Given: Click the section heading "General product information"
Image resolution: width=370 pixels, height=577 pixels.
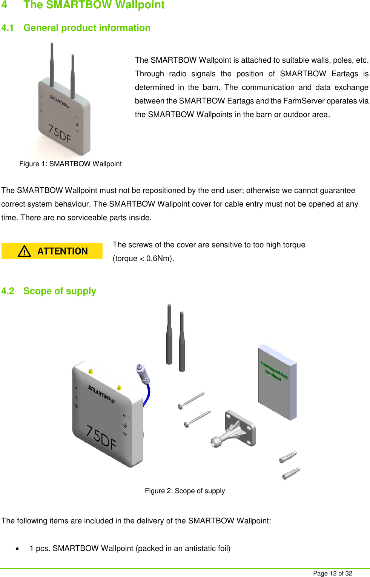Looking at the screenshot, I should tap(87, 28).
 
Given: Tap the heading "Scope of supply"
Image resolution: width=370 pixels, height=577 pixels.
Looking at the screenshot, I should tap(60, 291).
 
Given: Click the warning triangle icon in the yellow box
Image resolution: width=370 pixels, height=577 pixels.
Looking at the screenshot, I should tap(25, 251).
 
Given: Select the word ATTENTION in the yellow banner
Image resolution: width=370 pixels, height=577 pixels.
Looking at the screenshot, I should tap(63, 251).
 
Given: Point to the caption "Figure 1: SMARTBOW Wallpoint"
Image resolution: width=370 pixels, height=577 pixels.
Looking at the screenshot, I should tap(71, 164).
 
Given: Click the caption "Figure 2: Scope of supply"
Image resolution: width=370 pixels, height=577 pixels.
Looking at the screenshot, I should tap(185, 491).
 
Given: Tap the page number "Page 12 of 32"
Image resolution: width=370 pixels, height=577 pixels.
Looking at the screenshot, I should tap(332, 573).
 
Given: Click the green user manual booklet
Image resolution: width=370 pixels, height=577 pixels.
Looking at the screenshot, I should tap(277, 382).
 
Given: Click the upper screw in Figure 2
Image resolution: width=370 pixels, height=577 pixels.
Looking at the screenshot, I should tap(191, 400).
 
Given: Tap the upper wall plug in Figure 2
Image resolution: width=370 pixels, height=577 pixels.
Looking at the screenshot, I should tap(288, 457).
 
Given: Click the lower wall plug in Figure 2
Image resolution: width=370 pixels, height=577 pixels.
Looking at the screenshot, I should tap(291, 473).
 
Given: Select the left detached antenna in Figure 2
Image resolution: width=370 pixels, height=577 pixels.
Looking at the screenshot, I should tap(169, 335).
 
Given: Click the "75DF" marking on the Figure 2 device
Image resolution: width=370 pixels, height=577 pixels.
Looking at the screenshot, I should tap(101, 437).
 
